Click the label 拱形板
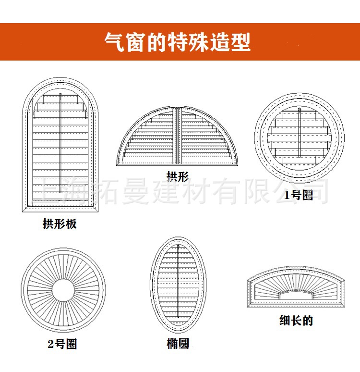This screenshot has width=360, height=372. pyautogui.click(x=60, y=224)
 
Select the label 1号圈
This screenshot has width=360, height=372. pyautogui.click(x=299, y=195)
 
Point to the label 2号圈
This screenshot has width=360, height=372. pyautogui.click(x=62, y=344)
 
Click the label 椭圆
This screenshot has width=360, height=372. pyautogui.click(x=178, y=344)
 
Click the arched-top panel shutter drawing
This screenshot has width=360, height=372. pyautogui.click(x=60, y=144)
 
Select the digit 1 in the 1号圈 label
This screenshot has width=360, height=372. pyautogui.click(x=288, y=195)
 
